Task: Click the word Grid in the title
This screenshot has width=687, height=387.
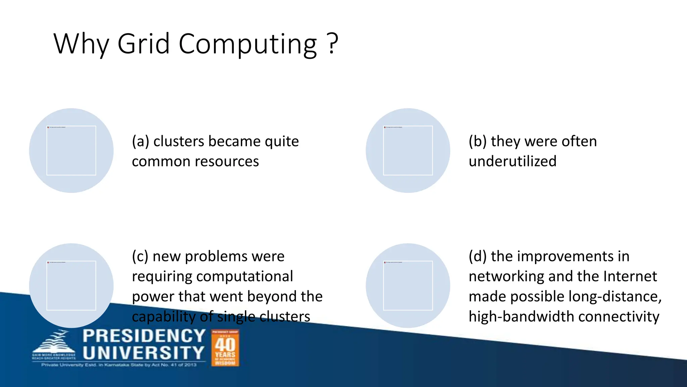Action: (144, 44)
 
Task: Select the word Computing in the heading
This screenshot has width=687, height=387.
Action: (248, 44)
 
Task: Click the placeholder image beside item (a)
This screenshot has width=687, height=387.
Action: (71, 150)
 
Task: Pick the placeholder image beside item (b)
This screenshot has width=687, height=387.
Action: (408, 150)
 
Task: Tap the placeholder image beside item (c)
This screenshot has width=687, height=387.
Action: (71, 286)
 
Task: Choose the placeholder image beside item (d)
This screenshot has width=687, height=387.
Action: (408, 286)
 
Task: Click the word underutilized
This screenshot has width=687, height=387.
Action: (513, 161)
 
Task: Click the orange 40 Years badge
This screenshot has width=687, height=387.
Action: (225, 348)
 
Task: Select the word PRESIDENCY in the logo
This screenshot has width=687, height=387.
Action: (144, 336)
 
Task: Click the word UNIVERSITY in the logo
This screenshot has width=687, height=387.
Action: (144, 353)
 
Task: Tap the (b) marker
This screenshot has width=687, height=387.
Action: (477, 141)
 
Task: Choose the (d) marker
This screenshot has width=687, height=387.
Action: (477, 256)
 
